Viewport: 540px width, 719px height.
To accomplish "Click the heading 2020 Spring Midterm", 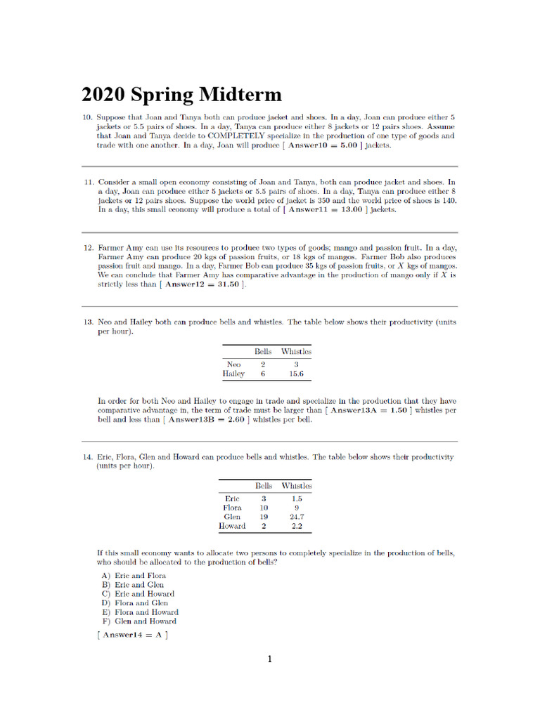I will (x=181, y=95).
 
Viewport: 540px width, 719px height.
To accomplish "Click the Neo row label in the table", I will (x=233, y=364).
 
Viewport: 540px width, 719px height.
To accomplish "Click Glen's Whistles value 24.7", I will (x=296, y=517).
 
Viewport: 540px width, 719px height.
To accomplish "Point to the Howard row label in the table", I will (x=232, y=526).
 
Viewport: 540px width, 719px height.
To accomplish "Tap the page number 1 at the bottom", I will (x=269, y=659).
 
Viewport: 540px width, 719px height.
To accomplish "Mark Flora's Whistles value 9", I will (x=296, y=508).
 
